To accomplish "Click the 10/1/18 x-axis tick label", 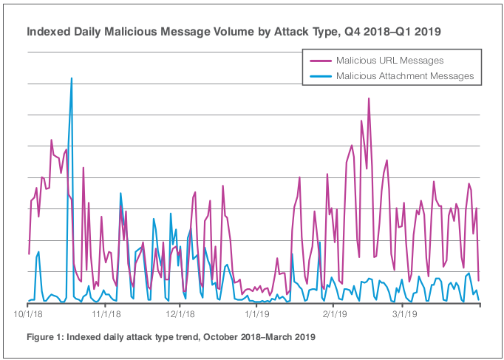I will point(28,313).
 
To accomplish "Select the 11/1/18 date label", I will point(104,313).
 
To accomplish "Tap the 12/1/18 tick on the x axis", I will point(180,313).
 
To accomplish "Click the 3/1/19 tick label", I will point(403,313).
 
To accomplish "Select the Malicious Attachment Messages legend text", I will point(404,75).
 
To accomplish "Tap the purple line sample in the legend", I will point(319,60).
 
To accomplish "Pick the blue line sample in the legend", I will point(319,75).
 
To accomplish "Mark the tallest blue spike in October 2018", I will point(71,78).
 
